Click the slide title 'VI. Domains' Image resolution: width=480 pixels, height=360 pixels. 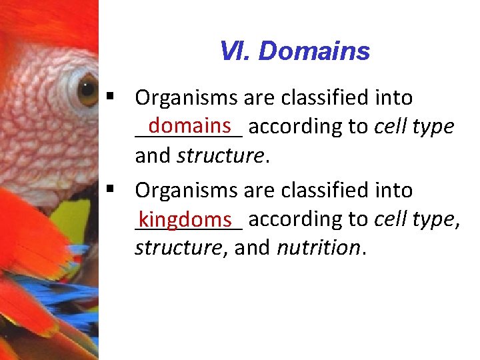pos(294,51)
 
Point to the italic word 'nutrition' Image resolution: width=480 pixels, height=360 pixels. pos(318,248)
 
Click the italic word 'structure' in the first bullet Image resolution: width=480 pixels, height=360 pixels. pos(220,156)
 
